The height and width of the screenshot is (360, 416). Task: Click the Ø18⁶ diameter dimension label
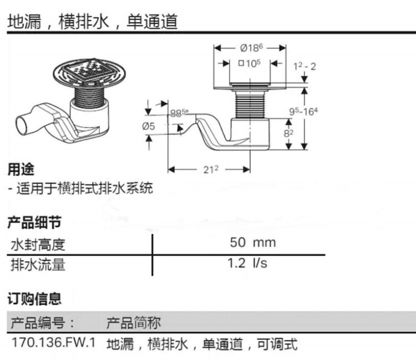coord(251,48)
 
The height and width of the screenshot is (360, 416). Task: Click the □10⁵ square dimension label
coord(250,63)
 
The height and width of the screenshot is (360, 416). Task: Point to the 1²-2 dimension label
coord(305,67)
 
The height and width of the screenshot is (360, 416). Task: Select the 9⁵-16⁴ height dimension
coord(303,111)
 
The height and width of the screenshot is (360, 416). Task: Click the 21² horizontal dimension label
coord(211,169)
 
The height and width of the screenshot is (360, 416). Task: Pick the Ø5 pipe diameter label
coord(148,126)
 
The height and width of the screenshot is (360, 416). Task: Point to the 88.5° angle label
coord(179,113)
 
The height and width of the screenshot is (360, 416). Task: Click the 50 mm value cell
coord(253,242)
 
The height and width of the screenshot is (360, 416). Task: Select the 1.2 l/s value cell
coord(247,263)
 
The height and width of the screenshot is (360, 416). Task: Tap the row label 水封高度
coord(38,244)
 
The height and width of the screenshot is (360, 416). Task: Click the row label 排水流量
coord(38,265)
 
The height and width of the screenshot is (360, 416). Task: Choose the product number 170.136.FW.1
coord(54,342)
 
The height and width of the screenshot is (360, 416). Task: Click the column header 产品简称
coord(134,323)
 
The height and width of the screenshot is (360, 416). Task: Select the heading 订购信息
coord(34,299)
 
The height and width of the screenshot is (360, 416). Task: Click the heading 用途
coord(21,169)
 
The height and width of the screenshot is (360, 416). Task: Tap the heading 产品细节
coord(34,222)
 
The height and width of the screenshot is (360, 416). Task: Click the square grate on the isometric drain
coord(88,69)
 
